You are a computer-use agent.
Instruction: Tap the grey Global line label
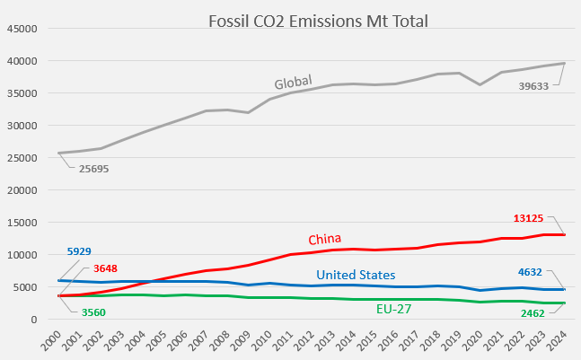[x=293, y=83]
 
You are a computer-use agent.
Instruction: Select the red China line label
[x=325, y=239]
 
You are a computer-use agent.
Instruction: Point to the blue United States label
[x=356, y=275]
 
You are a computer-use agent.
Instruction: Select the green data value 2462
[x=535, y=314]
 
